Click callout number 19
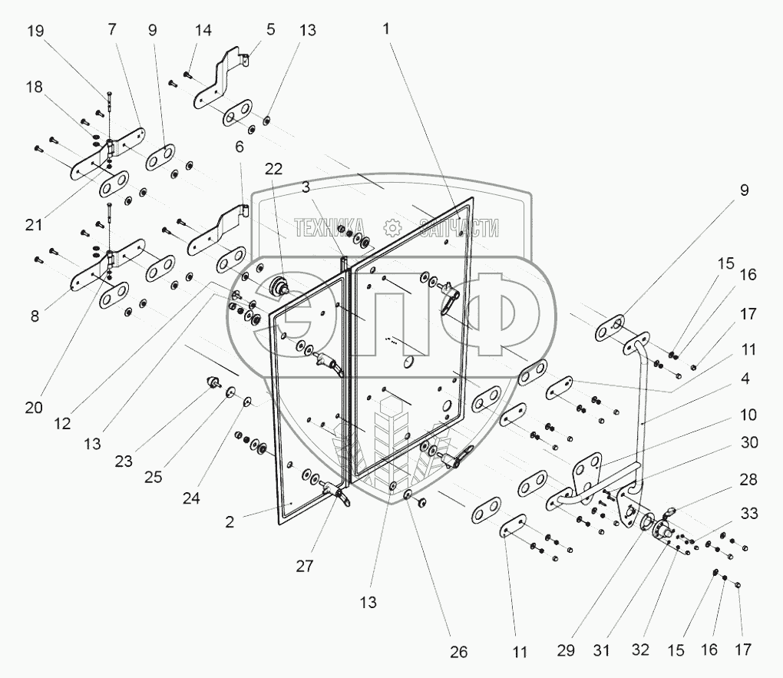35,31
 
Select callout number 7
113,30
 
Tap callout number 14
203,31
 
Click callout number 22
275,168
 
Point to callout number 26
458,652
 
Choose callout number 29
565,651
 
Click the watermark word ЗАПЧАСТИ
453,227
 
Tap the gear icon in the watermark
392,227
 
